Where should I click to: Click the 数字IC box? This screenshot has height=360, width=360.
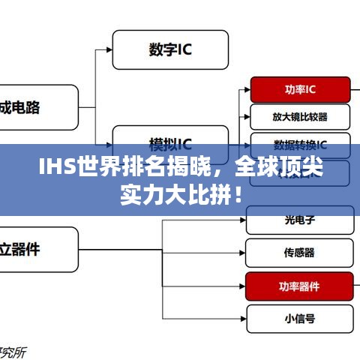(170, 49)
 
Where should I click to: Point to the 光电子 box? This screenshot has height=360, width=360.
(298, 220)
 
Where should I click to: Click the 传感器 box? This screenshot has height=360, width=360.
(298, 253)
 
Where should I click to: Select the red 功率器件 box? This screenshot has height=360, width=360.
(298, 286)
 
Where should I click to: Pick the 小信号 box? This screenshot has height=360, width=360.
(298, 318)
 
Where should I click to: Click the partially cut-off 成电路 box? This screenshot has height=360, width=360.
(37, 108)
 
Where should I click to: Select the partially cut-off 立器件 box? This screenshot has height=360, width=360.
(37, 250)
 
